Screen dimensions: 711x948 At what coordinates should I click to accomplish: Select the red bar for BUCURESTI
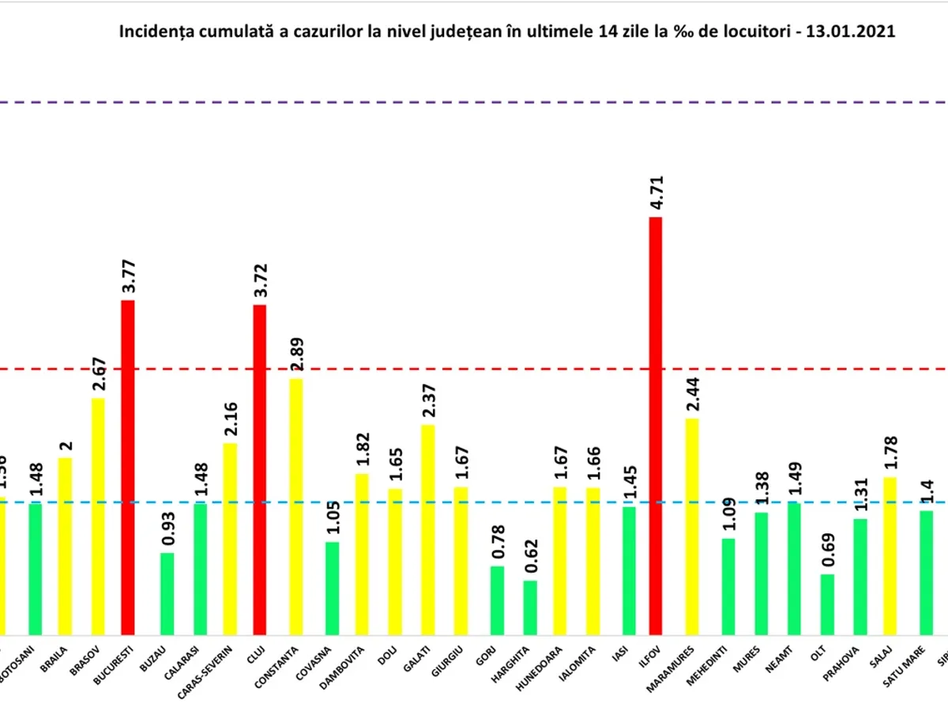(x=128, y=467)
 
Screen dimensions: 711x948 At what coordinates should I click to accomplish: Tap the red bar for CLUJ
(x=260, y=469)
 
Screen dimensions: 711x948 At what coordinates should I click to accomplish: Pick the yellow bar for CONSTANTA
(x=295, y=506)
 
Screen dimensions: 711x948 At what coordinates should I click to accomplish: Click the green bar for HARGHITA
(x=530, y=608)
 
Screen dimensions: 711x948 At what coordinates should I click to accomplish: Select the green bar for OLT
(x=826, y=604)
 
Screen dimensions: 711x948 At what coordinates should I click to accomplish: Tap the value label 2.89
(x=296, y=355)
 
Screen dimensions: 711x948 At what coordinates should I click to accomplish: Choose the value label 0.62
(x=530, y=557)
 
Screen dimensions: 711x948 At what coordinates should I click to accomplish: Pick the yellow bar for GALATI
(x=427, y=529)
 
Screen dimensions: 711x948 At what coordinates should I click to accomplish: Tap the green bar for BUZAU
(x=167, y=593)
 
